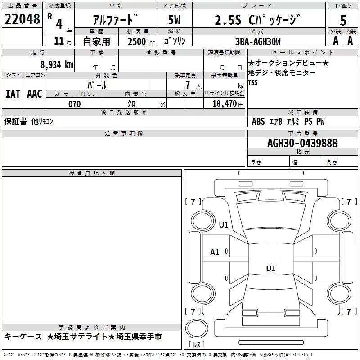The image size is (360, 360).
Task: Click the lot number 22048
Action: (22, 19)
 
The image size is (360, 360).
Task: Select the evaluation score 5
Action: (343, 20)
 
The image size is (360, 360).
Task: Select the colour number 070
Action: (74, 104)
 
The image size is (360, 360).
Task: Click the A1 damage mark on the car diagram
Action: (215, 252)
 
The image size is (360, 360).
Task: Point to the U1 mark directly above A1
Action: (224, 225)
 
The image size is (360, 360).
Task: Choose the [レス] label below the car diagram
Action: (196, 345)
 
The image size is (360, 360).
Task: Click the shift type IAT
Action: (13, 94)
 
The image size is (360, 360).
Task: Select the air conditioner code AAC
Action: (34, 94)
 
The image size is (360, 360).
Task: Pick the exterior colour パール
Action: (97, 85)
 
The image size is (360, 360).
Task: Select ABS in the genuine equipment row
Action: (258, 121)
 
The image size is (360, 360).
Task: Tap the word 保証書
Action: (15, 121)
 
